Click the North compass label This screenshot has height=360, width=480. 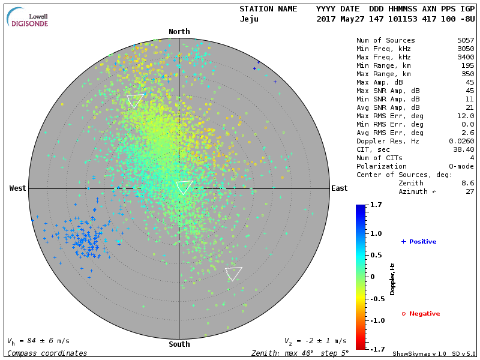pos(179,32)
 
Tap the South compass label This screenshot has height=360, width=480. pos(179,344)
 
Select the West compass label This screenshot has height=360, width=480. pos(17,188)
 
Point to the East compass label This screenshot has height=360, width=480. pos(339,188)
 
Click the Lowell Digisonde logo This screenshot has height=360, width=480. pos(28,18)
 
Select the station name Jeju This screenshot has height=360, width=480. pos(249,19)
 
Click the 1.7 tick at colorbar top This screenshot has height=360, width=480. pos(376,205)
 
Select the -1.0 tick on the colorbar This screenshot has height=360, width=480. pos(376,320)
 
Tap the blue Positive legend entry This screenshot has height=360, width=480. pos(419,242)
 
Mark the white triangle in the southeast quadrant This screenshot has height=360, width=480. pos(233,273)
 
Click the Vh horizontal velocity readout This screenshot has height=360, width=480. pos(38,341)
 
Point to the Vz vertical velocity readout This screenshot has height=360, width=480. pos(315,341)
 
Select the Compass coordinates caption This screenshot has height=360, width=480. pos(47,353)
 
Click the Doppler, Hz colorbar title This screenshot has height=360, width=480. pos(392,279)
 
